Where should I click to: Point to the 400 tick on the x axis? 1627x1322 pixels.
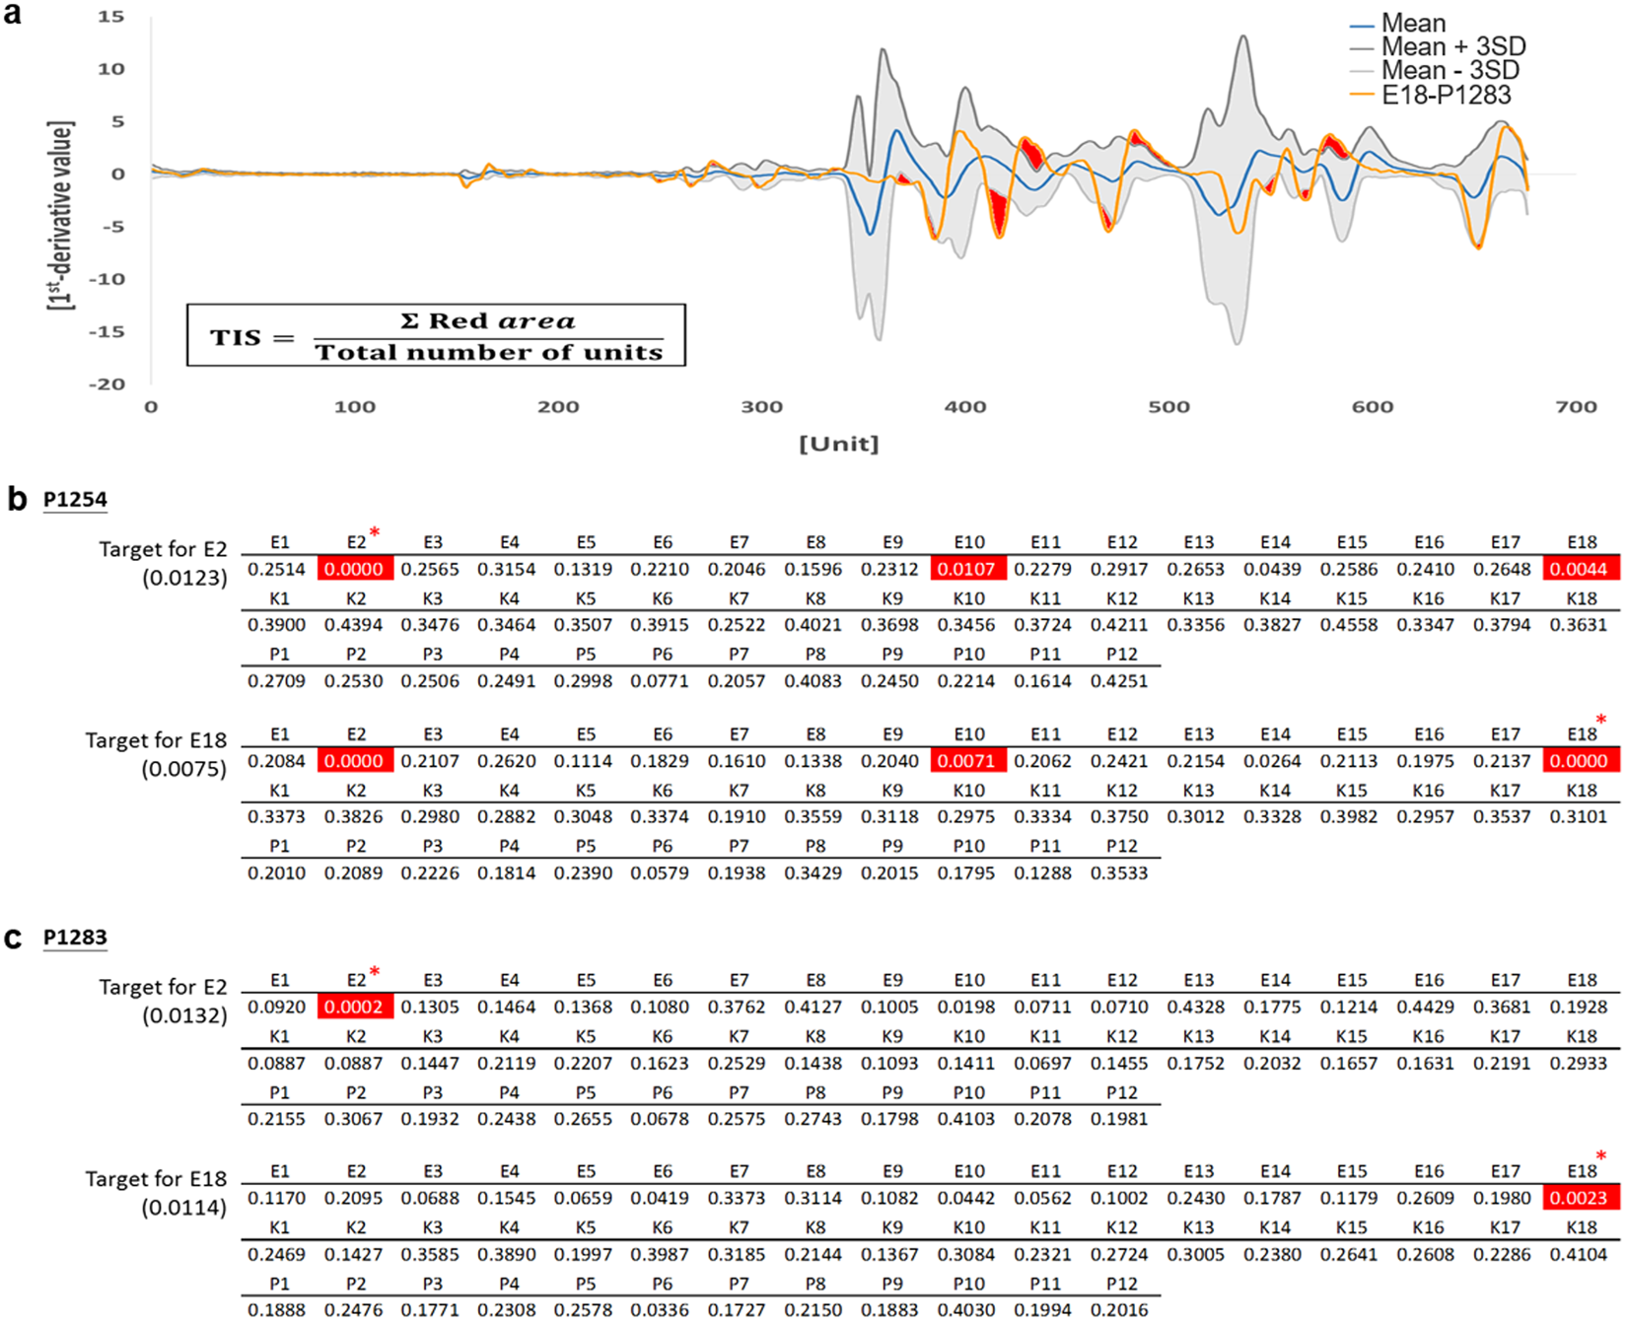tap(964, 406)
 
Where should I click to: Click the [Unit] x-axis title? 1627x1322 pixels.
tap(838, 444)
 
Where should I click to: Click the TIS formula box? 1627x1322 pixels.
tap(436, 336)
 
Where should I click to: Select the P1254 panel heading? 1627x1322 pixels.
tap(75, 500)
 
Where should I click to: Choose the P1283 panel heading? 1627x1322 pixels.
tap(75, 938)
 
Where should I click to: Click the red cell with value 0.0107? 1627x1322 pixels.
tap(968, 569)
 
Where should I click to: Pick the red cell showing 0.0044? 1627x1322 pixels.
tap(1582, 569)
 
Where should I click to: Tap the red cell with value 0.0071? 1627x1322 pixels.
tap(968, 761)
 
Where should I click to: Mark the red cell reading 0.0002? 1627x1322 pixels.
tap(355, 1007)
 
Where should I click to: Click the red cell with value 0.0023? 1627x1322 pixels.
tap(1582, 1198)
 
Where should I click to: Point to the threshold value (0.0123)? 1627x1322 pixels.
tap(184, 578)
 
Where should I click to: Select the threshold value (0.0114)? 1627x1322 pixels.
tap(184, 1207)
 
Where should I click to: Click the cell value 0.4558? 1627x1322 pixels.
tap(1351, 625)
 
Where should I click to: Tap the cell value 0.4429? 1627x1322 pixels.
tap(1428, 1007)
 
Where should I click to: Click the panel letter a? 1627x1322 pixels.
tap(13, 15)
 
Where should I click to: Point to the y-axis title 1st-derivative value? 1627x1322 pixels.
tap(61, 215)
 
